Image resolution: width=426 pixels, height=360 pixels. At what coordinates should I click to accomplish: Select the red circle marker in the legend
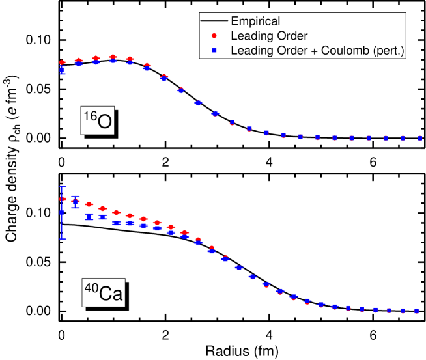[x=215, y=36]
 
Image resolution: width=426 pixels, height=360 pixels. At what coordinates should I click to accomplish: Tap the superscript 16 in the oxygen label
[x=88, y=116]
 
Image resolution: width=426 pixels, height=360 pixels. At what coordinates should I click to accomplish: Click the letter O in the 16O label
[x=104, y=121]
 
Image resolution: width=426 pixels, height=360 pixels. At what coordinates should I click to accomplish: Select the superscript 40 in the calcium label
[x=89, y=286]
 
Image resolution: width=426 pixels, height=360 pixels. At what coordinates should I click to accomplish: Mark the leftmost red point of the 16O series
[x=63, y=62]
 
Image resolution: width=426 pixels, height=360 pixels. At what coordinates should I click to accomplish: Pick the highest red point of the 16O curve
[x=113, y=57]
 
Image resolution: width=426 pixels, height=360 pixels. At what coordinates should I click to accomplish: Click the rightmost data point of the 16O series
[x=419, y=138]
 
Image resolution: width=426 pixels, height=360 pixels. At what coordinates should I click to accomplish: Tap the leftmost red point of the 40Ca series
[x=63, y=199]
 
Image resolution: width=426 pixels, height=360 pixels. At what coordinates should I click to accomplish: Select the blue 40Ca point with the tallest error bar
[x=63, y=212]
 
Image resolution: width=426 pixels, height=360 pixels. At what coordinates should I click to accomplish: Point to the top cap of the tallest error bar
[x=63, y=187]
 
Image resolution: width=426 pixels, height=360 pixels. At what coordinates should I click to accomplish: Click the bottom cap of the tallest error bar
[x=63, y=239]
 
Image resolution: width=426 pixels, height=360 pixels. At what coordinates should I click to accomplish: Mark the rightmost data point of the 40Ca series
[x=417, y=311]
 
